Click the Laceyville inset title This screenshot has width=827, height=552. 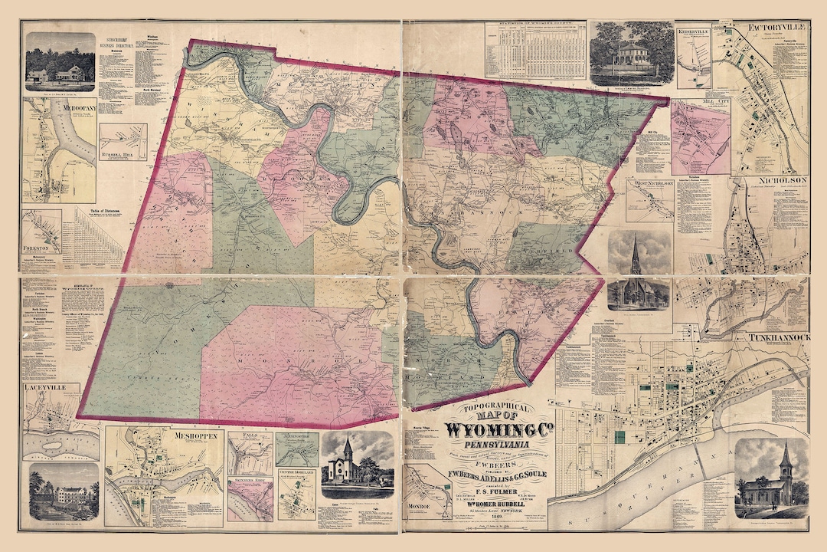51,389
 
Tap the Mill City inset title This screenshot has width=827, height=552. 699,102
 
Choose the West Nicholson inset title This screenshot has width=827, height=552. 649,184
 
